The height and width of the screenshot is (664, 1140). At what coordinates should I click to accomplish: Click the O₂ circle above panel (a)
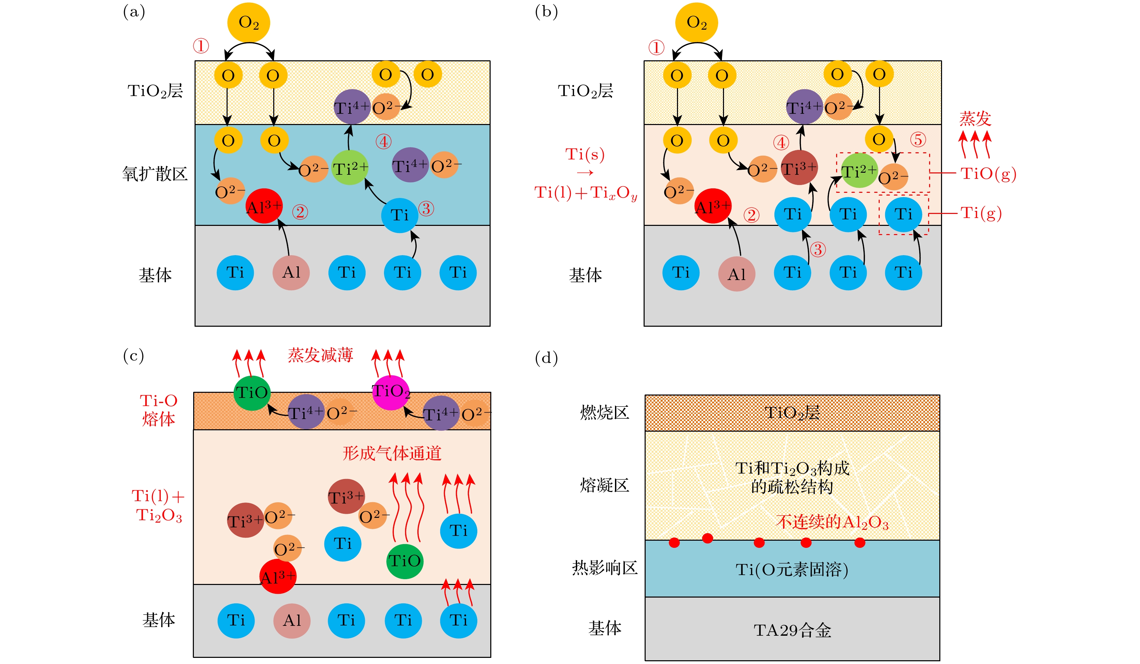pyautogui.click(x=248, y=22)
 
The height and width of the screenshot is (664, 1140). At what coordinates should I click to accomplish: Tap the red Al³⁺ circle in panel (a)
pyautogui.click(x=264, y=206)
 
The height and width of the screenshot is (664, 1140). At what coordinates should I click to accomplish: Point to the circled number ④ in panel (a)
pyautogui.click(x=384, y=142)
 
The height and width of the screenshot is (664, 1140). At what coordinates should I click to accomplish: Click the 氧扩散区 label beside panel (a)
pyautogui.click(x=155, y=174)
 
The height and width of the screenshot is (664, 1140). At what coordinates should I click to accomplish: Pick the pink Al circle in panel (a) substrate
pyautogui.click(x=291, y=272)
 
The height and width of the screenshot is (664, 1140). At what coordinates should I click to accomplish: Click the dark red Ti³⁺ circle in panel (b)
pyautogui.click(x=799, y=168)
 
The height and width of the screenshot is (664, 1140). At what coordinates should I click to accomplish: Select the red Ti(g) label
pyautogui.click(x=981, y=213)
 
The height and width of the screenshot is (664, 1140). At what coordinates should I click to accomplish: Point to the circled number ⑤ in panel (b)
pyautogui.click(x=918, y=140)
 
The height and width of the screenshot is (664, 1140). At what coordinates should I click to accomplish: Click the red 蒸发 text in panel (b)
pyautogui.click(x=975, y=119)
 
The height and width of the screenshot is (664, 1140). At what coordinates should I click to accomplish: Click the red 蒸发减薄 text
pyautogui.click(x=320, y=355)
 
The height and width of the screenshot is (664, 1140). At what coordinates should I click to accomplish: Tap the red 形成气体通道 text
pyautogui.click(x=392, y=453)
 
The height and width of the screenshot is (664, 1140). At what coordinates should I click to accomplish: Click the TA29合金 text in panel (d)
pyautogui.click(x=792, y=630)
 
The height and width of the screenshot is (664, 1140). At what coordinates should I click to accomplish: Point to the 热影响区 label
pyautogui.click(x=604, y=568)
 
